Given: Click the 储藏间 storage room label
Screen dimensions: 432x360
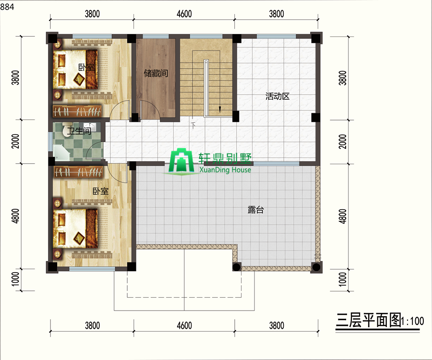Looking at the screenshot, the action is (156, 73).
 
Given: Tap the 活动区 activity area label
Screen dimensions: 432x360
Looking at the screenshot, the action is (277, 96).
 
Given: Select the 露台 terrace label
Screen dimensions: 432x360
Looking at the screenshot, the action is (256, 210).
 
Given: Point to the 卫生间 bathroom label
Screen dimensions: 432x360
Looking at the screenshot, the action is (79, 130).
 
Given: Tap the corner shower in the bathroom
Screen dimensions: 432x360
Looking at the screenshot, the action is (60, 153).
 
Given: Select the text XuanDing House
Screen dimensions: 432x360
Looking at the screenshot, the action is (225, 169).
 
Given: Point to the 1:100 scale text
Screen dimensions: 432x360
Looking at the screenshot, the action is (412, 321).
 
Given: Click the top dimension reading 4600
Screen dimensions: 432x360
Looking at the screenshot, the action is (184, 14).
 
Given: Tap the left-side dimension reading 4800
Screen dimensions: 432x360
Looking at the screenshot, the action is (16, 216).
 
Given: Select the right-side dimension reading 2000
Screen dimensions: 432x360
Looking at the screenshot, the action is (342, 142).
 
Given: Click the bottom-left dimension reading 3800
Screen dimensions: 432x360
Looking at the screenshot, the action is (92, 325).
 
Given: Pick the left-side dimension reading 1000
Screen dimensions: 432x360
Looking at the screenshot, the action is (16, 279).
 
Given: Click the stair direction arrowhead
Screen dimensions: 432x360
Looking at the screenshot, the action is (220, 109).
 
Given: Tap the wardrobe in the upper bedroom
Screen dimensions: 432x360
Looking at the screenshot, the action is (77, 111).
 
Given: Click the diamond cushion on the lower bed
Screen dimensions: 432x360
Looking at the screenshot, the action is (79, 238).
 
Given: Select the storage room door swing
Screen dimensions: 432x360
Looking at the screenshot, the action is (151, 109).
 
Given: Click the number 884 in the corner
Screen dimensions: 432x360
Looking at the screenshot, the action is (7, 7).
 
